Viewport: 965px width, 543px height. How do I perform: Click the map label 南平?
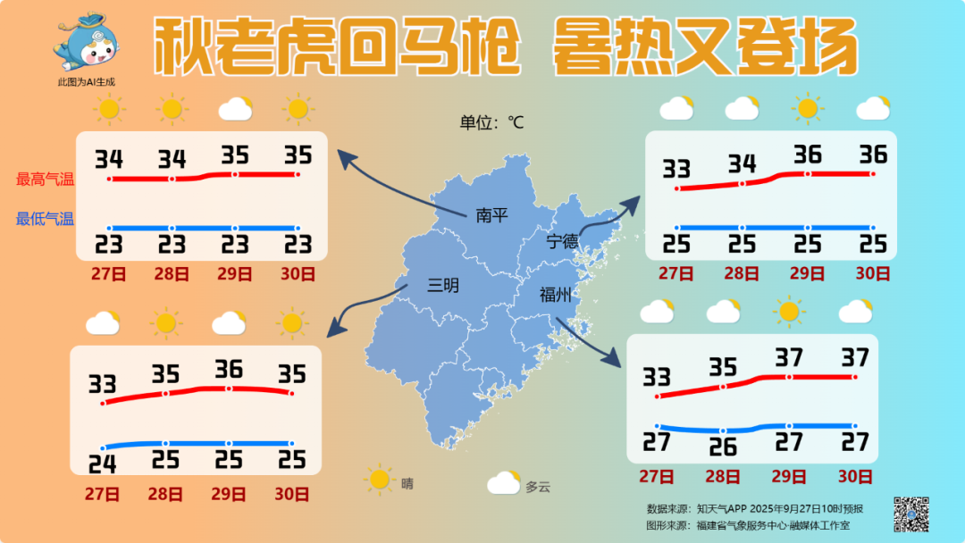(x=491, y=215)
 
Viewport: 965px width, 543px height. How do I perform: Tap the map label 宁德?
(x=563, y=242)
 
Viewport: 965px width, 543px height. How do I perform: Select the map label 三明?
(x=443, y=286)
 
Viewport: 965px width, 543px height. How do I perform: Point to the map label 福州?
(x=555, y=295)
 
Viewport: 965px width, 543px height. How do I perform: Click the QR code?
(x=911, y=514)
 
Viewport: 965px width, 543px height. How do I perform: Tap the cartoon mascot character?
(x=87, y=42)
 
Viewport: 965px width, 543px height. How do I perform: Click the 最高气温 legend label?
(x=46, y=179)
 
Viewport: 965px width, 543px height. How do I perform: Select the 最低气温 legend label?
(x=46, y=219)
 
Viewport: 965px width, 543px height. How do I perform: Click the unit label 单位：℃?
(x=491, y=122)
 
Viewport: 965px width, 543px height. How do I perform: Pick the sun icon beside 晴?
(x=380, y=480)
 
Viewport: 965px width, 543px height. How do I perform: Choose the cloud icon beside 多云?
(x=504, y=483)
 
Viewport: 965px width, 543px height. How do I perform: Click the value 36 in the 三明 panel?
(x=229, y=369)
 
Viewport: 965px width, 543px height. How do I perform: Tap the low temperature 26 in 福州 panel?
(x=722, y=445)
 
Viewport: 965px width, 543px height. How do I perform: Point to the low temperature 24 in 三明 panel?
(x=104, y=463)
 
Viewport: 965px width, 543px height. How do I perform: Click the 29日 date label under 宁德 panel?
(x=807, y=273)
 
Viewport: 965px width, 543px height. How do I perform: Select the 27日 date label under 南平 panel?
(x=107, y=273)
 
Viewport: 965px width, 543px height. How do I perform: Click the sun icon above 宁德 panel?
(x=808, y=109)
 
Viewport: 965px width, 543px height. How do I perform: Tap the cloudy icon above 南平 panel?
(x=235, y=110)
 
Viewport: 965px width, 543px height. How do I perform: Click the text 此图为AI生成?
(x=87, y=82)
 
